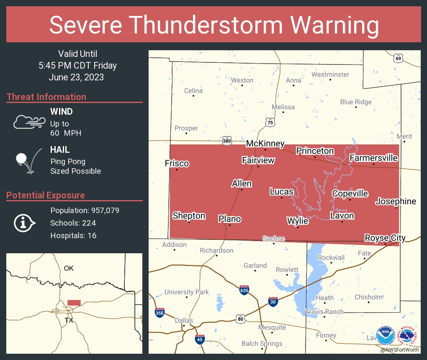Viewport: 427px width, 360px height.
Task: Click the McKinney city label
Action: (265, 144)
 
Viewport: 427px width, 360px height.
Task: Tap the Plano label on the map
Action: (229, 219)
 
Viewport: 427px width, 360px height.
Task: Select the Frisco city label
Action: (177, 163)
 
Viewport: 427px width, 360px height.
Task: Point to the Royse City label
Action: (385, 238)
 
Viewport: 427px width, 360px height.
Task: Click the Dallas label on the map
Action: (184, 321)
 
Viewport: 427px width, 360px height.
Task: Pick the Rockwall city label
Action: (331, 257)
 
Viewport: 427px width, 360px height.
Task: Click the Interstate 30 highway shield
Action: (273, 301)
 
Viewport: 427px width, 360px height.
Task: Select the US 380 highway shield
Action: (227, 141)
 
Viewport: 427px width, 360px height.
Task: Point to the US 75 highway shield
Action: (270, 122)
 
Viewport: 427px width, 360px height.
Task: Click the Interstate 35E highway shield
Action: (159, 312)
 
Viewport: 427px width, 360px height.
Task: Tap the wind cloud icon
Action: (29, 122)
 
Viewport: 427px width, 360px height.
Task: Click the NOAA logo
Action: (385, 336)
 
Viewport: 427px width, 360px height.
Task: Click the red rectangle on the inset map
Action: (74, 303)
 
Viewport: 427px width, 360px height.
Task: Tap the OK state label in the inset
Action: (69, 268)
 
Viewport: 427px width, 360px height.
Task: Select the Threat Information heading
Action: (46, 97)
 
